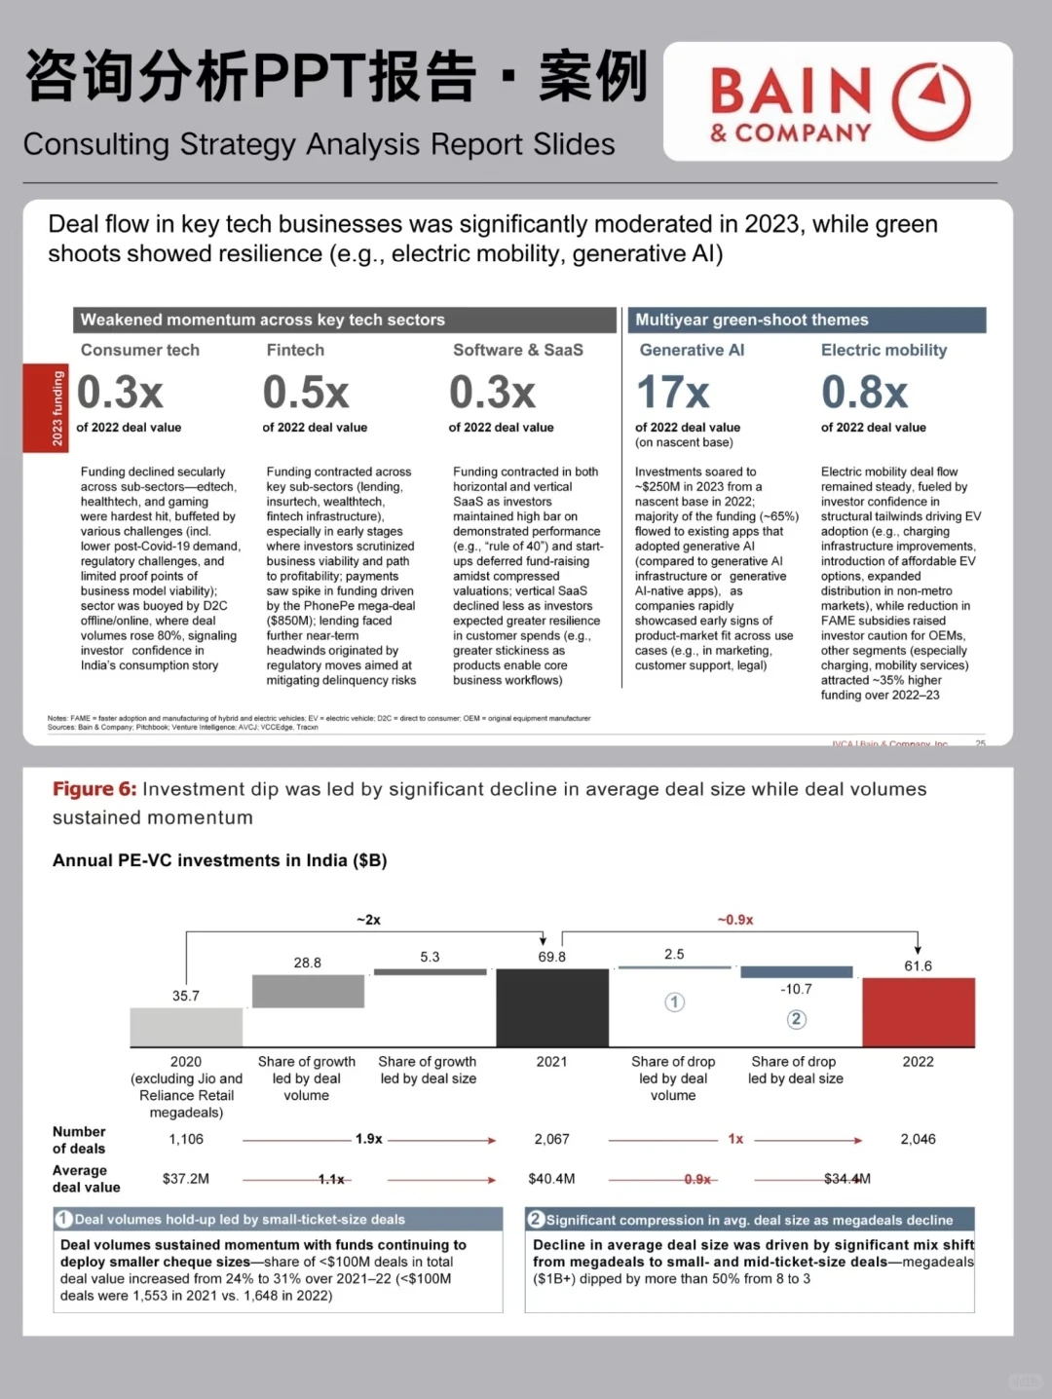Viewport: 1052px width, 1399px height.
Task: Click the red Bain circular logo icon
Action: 931,101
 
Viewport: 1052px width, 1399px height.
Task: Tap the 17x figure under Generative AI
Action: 673,393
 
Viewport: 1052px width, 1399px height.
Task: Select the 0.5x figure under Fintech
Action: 306,393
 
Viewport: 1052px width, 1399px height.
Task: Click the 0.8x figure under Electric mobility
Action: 864,393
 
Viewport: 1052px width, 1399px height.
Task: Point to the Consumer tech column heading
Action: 139,350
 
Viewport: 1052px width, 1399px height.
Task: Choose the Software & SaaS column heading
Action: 517,350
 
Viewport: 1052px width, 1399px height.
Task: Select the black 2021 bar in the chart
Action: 551,1007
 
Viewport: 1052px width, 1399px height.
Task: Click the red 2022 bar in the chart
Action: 918,1012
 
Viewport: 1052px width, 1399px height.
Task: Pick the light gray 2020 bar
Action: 186,1027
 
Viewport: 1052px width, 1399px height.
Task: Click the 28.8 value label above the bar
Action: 307,963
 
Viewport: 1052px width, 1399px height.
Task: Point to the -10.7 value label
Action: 796,989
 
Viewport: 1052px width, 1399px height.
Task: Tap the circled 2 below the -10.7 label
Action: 796,1019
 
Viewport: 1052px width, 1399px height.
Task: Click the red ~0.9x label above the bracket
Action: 735,920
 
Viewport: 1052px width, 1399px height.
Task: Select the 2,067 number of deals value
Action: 551,1139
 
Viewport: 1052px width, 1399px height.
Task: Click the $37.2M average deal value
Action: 186,1179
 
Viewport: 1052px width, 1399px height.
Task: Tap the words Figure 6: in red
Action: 94,789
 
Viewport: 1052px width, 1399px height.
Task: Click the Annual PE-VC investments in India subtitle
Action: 219,860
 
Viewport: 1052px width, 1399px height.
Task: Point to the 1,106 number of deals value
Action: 186,1139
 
